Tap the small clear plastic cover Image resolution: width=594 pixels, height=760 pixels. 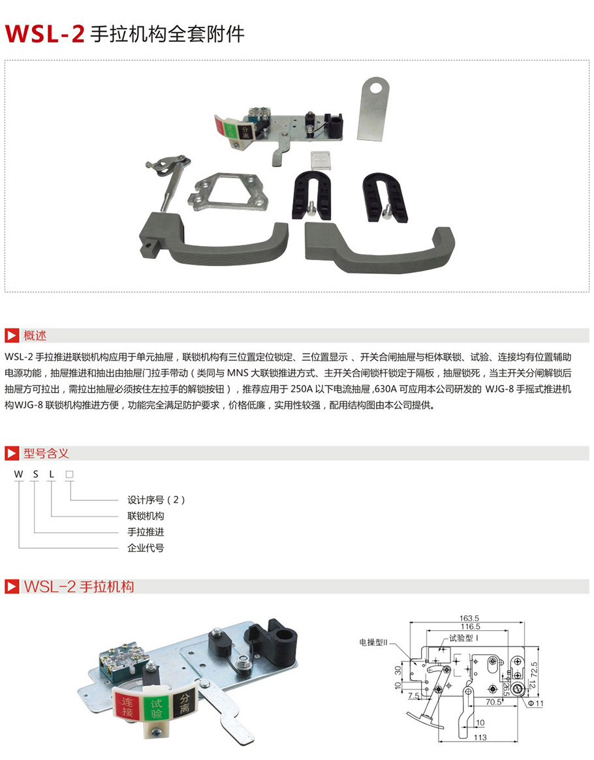click(320, 159)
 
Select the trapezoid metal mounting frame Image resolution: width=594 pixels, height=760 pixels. click(228, 191)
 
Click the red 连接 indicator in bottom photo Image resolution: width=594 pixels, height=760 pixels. click(127, 707)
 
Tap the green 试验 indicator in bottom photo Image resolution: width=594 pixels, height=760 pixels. click(156, 708)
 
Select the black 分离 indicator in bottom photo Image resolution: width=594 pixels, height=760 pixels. click(184, 703)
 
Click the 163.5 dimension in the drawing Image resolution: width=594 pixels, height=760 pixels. click(469, 618)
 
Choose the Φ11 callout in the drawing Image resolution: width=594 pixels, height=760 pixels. click(536, 703)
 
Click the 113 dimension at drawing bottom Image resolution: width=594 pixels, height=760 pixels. click(480, 737)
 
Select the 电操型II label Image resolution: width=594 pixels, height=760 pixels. click(373, 642)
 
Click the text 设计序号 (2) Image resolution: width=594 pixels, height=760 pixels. click(156, 500)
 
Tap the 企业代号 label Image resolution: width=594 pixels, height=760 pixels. click(146, 548)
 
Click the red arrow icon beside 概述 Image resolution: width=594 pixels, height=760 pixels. click(12, 335)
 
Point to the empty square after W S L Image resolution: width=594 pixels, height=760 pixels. click(69, 474)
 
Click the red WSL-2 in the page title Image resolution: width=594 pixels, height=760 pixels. click(44, 34)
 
